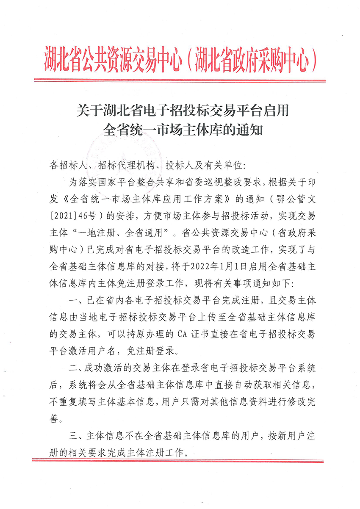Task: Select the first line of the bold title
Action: pyautogui.click(x=183, y=111)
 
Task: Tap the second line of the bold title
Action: pyautogui.click(x=183, y=129)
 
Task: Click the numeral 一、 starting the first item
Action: pyautogui.click(x=75, y=300)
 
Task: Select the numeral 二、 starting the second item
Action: pyautogui.click(x=75, y=368)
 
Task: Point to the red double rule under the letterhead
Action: pyautogui.click(x=180, y=80)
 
